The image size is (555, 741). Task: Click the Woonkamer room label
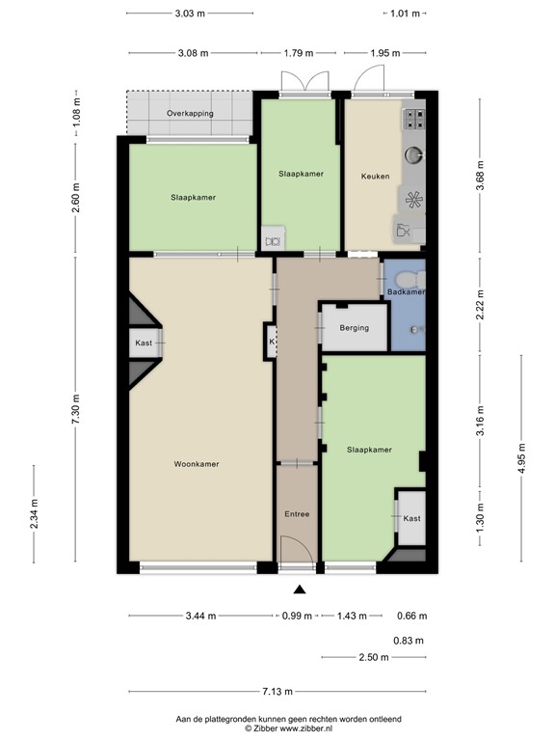196,464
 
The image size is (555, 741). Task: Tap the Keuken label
375,177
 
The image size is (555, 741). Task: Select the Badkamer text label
405,291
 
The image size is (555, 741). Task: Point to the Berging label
354,328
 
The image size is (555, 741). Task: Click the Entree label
297,514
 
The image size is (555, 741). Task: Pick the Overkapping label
189,114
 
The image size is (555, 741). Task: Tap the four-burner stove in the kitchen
415,119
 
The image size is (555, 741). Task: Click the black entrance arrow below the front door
299,590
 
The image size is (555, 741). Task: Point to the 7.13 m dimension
277,692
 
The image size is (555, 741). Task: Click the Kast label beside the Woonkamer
144,343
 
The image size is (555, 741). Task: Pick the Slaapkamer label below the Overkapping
193,197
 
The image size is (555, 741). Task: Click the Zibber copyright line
288,729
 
